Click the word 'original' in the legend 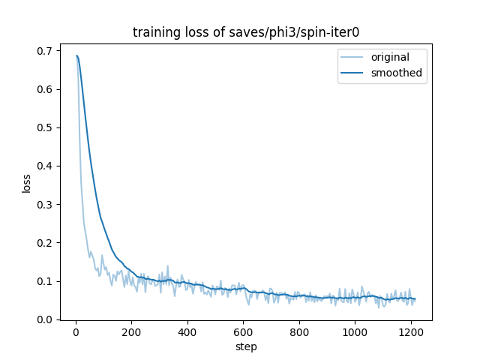[x=390, y=58]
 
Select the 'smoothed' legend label [x=396, y=73]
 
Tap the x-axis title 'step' [x=246, y=346]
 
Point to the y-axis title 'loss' [x=27, y=183]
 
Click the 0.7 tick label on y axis [x=46, y=51]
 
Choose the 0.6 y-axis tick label [x=46, y=89]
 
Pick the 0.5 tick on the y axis [x=46, y=127]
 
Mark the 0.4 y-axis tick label [x=46, y=166]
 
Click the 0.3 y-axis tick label [x=46, y=205]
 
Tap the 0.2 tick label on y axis [x=46, y=243]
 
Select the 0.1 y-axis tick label [x=46, y=281]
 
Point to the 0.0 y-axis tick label [x=46, y=320]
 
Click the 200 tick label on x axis [x=131, y=331]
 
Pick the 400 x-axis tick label [x=187, y=331]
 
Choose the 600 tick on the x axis [x=243, y=331]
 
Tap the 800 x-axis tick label [x=299, y=331]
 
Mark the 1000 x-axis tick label [x=355, y=331]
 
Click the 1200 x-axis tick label [x=411, y=331]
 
